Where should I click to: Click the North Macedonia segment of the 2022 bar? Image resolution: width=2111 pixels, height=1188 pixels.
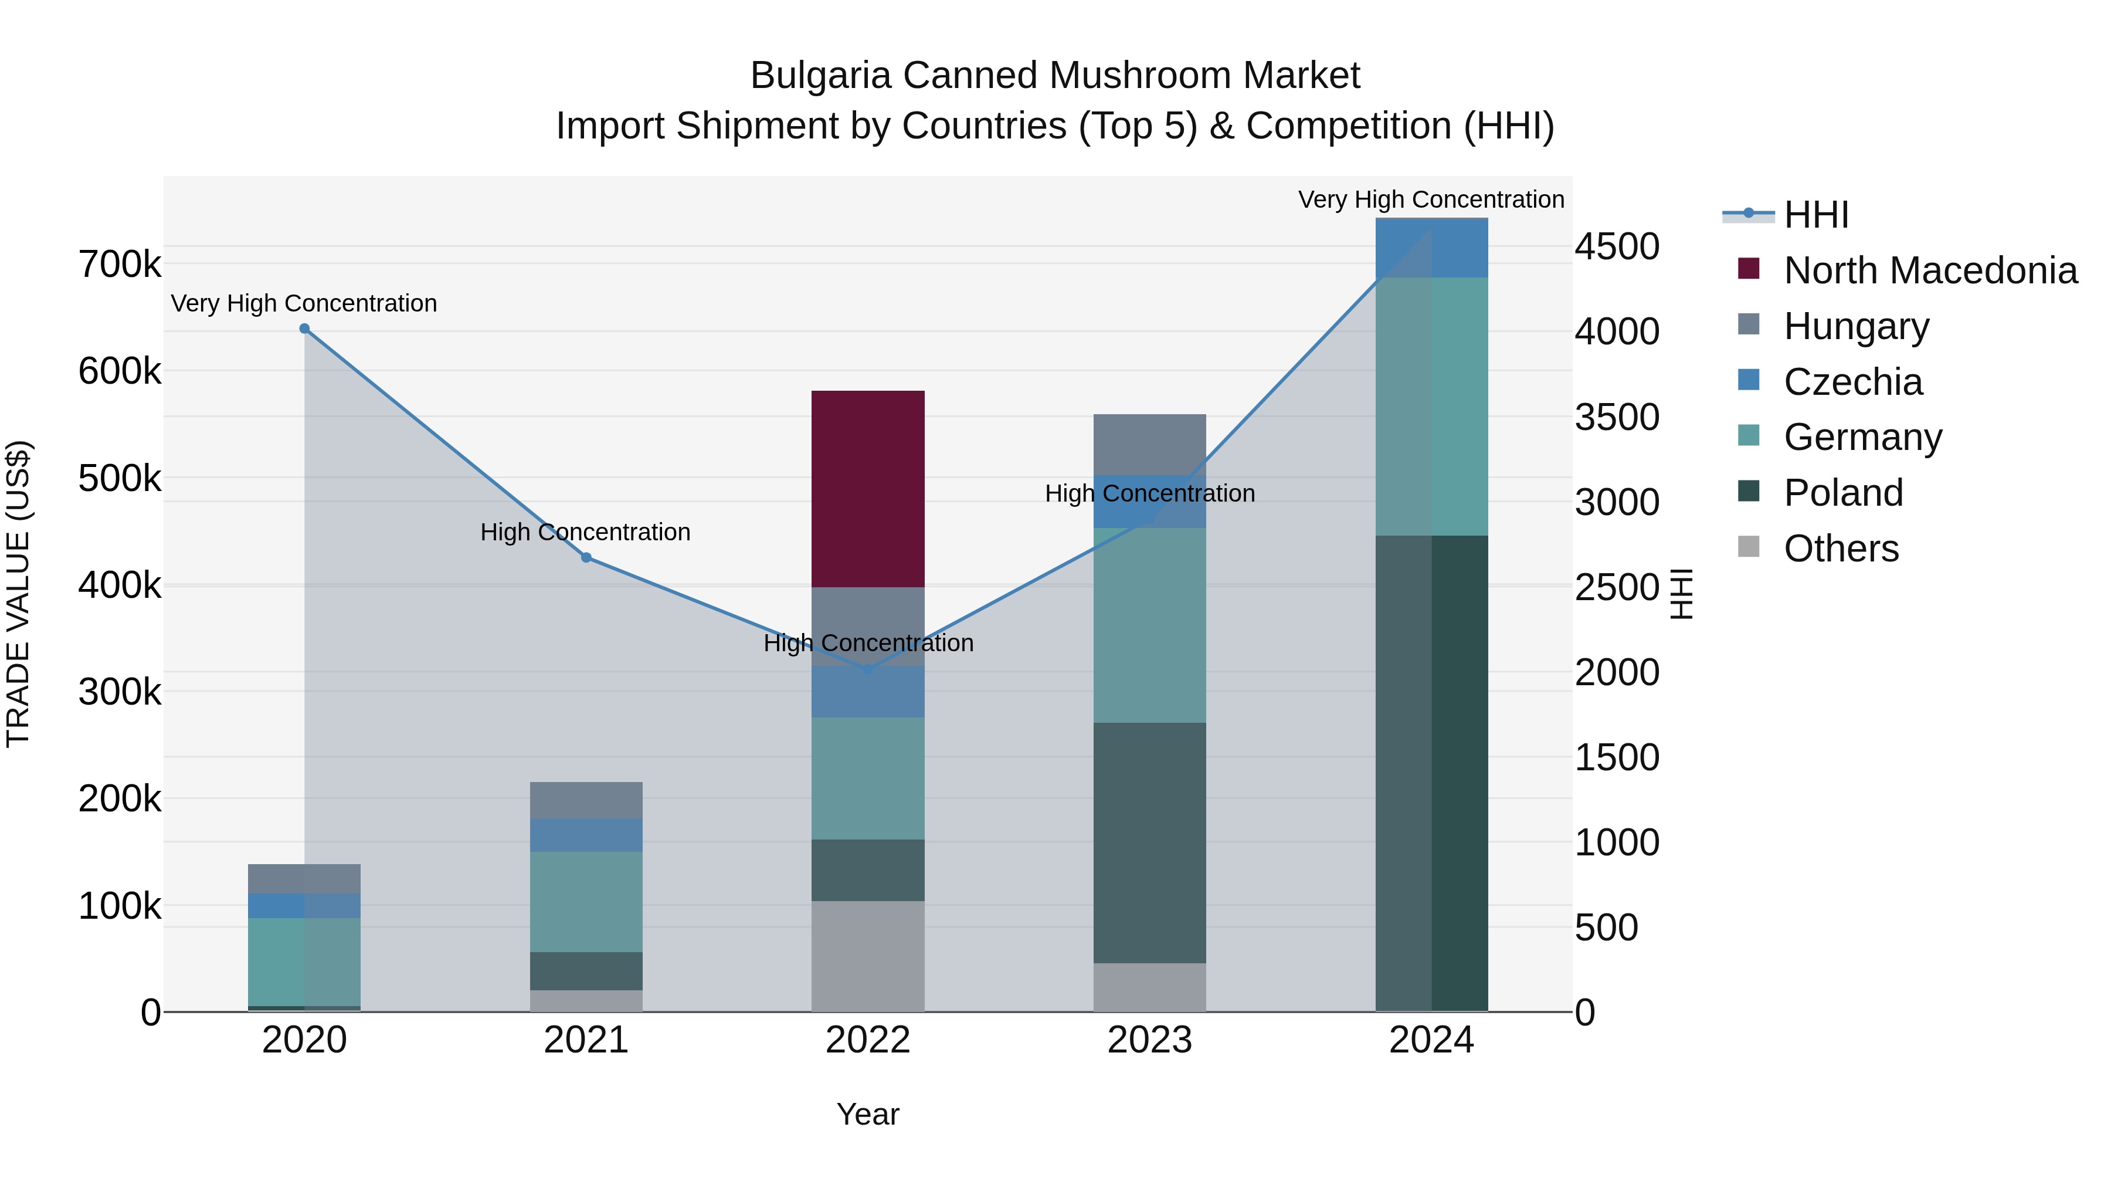point(868,489)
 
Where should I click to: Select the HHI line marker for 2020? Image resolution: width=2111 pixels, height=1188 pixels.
point(304,329)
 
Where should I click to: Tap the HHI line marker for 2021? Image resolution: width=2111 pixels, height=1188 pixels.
point(586,557)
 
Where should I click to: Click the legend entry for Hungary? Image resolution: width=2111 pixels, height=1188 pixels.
point(1856,326)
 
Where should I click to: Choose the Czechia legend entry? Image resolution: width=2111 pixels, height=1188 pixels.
point(1853,382)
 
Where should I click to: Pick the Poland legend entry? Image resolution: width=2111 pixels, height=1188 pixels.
point(1843,493)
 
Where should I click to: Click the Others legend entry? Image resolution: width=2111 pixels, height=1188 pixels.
point(1841,549)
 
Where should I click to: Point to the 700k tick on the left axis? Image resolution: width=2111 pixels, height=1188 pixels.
point(120,265)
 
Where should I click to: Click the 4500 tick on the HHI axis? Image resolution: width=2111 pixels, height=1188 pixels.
point(1616,247)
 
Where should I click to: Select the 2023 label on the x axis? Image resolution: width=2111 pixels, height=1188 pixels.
point(1150,1040)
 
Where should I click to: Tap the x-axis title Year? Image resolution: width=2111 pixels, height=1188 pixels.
point(868,1115)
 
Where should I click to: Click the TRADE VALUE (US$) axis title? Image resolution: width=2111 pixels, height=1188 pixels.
point(18,594)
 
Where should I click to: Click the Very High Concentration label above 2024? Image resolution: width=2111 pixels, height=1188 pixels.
point(1431,199)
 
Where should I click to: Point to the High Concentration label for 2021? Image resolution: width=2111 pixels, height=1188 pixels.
point(585,532)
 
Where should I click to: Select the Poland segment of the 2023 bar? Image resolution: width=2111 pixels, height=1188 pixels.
point(1150,843)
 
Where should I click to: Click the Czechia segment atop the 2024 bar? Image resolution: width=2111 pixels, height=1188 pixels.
point(1431,248)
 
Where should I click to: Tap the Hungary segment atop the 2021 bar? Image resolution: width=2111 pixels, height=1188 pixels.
point(586,800)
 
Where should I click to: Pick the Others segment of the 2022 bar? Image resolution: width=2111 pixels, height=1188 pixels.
point(868,956)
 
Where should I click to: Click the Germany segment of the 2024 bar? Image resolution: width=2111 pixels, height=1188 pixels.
point(1431,407)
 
